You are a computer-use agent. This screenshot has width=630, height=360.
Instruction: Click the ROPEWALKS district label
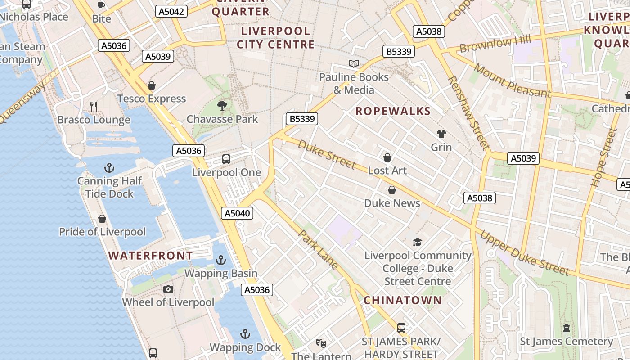(393, 111)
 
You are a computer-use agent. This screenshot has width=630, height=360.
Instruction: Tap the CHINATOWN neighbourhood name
(402, 300)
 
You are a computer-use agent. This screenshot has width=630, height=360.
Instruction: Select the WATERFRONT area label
(150, 256)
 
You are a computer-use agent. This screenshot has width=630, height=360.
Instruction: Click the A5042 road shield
(171, 11)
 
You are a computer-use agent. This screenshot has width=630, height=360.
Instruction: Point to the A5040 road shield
(237, 213)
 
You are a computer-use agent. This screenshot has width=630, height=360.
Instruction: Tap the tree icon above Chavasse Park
(222, 106)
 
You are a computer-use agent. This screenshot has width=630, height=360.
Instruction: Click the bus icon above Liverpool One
(226, 159)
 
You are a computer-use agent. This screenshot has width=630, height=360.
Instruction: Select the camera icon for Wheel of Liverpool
(168, 289)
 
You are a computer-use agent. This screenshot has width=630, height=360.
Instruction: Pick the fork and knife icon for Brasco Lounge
(94, 107)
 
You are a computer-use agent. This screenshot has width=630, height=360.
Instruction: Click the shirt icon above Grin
(441, 134)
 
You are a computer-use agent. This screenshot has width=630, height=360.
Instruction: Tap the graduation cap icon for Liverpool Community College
(418, 242)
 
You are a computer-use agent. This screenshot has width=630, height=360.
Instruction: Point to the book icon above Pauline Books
(354, 64)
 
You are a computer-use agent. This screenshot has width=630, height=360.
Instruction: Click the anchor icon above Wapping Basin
(221, 260)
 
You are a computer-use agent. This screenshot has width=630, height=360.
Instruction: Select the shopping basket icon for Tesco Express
(152, 85)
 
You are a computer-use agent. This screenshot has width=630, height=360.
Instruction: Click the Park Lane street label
(318, 250)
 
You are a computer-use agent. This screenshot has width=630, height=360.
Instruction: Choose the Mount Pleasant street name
(512, 81)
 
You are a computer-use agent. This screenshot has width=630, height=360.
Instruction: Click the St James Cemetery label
(566, 342)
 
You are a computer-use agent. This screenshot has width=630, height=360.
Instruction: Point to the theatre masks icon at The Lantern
(321, 343)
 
